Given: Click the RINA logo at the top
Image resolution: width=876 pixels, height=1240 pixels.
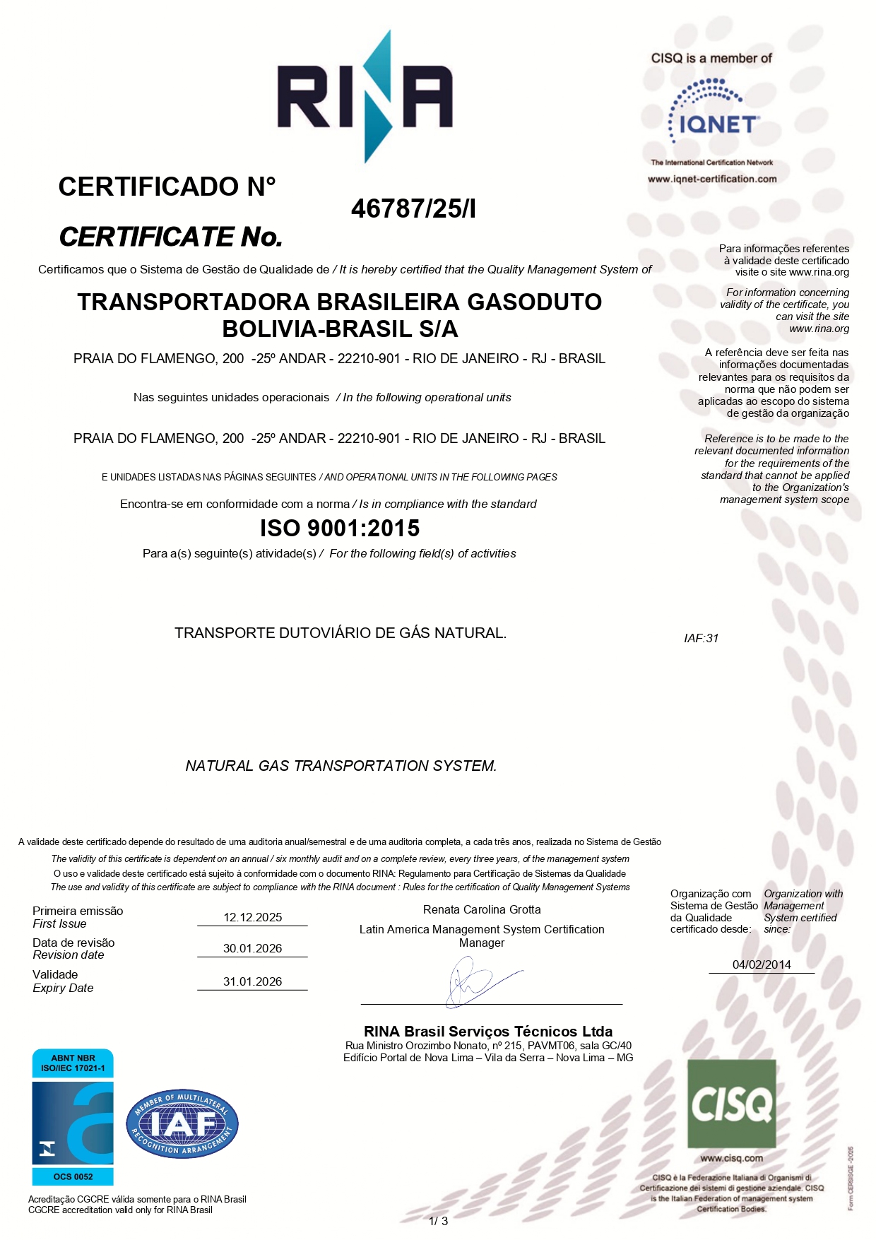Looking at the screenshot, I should (365, 98).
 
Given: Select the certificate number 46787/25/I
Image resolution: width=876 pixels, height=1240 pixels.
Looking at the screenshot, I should (413, 208).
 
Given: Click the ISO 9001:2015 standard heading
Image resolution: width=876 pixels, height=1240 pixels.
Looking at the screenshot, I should (340, 528).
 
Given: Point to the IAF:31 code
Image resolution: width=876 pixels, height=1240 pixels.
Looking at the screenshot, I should (701, 638).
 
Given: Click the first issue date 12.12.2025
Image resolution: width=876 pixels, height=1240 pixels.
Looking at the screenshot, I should (252, 917).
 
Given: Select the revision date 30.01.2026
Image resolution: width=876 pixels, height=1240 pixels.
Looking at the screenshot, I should (252, 948).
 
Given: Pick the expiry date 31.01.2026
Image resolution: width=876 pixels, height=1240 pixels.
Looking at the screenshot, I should (252, 981).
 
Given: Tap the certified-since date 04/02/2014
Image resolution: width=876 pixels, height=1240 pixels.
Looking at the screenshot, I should (762, 964).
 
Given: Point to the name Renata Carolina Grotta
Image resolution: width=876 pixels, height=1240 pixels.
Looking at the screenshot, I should (482, 909).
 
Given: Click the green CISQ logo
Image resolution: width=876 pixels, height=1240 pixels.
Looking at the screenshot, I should (731, 1104).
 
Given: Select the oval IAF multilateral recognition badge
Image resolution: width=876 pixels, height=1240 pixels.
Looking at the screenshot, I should (182, 1123).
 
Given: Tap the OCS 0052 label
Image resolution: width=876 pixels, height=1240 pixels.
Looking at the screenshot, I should (73, 1176).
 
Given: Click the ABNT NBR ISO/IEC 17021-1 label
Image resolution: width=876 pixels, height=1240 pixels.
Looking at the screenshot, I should (73, 1063).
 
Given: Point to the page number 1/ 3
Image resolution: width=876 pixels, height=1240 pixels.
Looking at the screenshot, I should (438, 1221).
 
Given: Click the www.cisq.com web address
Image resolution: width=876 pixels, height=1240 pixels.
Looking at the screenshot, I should (731, 1158).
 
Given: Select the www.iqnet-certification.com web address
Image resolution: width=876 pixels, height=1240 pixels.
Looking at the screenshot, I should (712, 179).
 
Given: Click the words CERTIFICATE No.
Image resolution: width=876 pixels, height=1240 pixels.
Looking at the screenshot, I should (170, 237).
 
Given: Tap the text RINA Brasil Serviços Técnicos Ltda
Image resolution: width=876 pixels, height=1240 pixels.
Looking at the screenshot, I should (488, 1031).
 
